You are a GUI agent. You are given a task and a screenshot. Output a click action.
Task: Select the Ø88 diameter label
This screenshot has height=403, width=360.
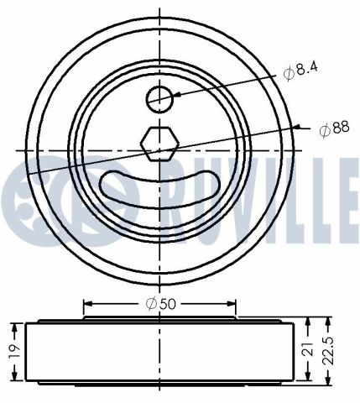coord(335,128)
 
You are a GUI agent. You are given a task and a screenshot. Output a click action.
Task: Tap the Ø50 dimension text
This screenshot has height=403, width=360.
coord(161,304)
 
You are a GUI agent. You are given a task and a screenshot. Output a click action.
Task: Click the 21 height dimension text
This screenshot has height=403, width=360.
coord(309,348)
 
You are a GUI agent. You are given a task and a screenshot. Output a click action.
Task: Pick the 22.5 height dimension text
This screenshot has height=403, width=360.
coord(328,351)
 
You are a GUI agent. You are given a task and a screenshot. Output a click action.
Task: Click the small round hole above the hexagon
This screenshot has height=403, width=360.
coord(159,99)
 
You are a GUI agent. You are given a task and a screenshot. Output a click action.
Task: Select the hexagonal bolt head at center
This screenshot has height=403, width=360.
coord(159,144)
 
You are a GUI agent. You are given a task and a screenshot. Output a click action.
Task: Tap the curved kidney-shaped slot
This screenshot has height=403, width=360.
coord(159,189)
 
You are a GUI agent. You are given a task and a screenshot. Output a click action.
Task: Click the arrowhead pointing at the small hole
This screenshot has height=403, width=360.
coord(177,95)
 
